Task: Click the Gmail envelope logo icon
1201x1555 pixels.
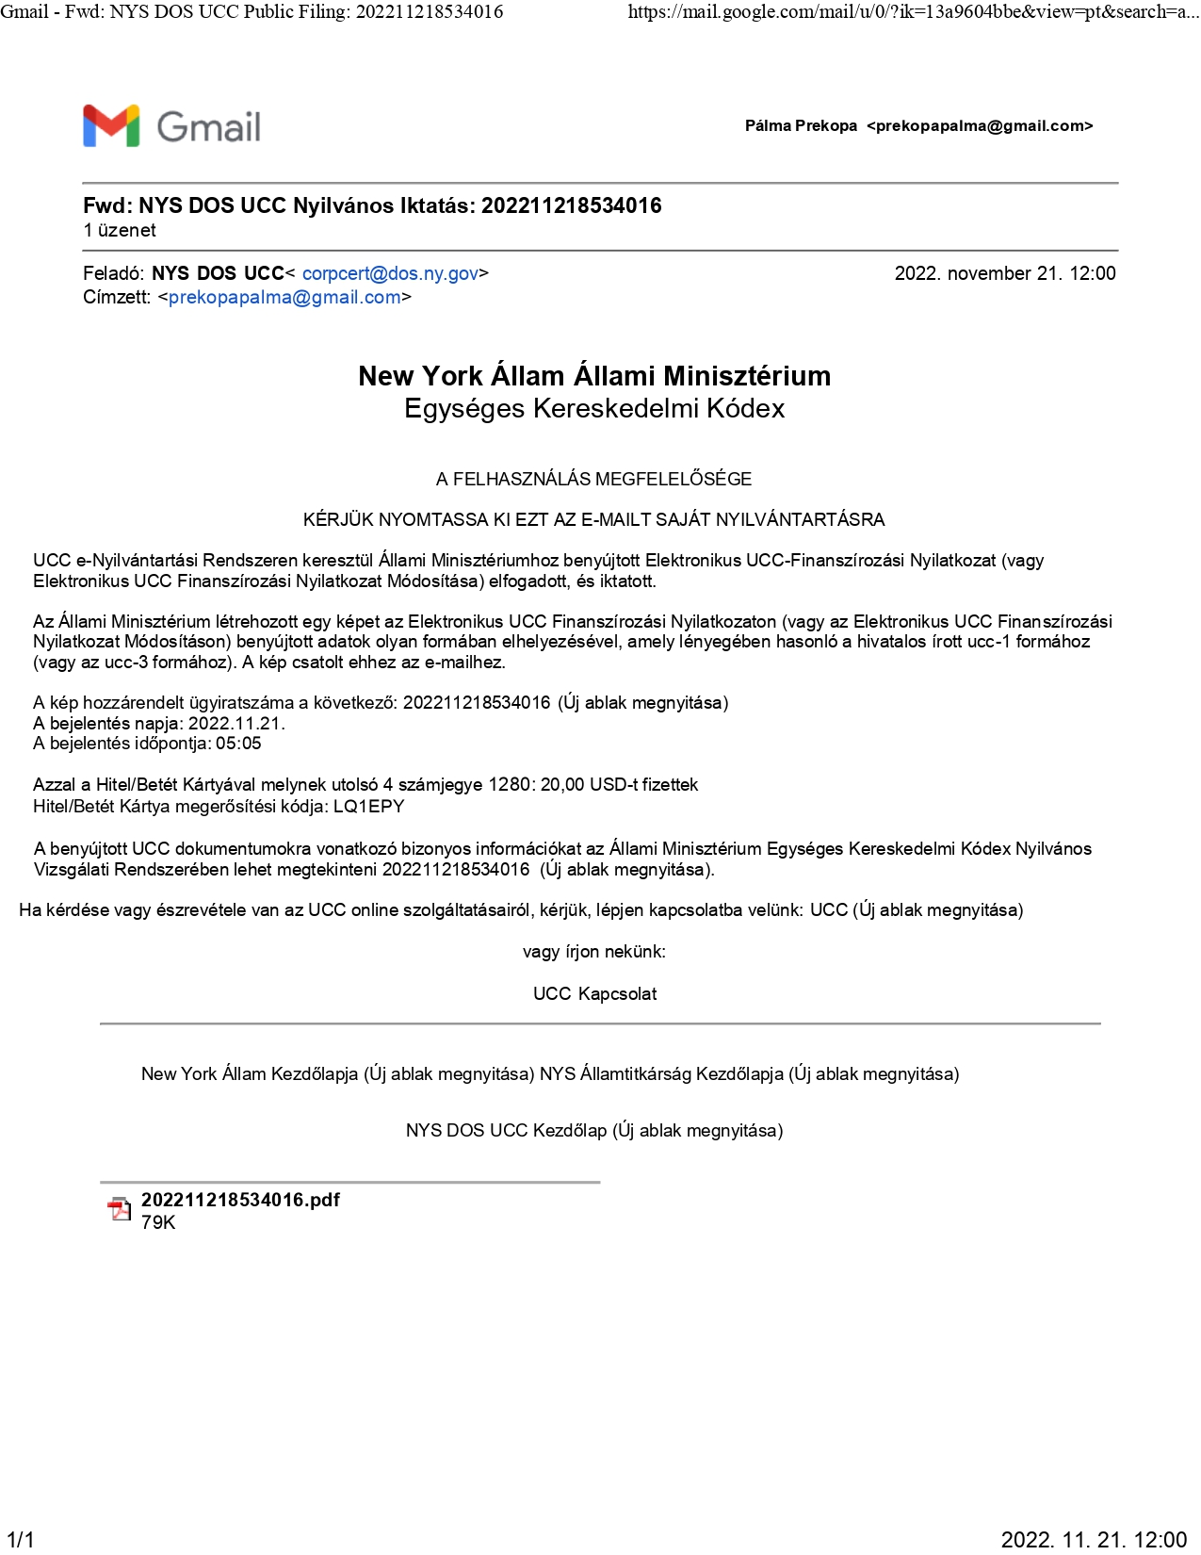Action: click(x=111, y=126)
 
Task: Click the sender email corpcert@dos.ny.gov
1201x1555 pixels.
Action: click(x=390, y=273)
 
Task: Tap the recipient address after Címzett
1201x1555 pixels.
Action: click(x=284, y=298)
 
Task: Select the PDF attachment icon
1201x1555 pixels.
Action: click(x=119, y=1209)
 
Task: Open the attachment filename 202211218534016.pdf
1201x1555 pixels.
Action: click(x=240, y=1200)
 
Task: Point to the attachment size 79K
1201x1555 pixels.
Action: click(x=158, y=1222)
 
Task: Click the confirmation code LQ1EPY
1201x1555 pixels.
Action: click(x=369, y=807)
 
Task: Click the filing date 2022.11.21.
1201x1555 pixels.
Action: click(x=235, y=724)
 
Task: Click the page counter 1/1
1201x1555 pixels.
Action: click(x=20, y=1540)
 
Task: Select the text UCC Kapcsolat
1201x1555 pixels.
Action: click(x=594, y=994)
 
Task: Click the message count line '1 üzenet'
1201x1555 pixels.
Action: click(x=120, y=231)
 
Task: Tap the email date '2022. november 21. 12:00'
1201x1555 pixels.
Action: click(x=1004, y=273)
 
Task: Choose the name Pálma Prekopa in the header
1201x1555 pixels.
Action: click(x=801, y=126)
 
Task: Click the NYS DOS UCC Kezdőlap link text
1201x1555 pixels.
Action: click(x=506, y=1131)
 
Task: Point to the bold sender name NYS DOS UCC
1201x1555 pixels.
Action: click(x=218, y=273)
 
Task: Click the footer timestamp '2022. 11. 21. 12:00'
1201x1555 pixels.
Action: click(x=1094, y=1540)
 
